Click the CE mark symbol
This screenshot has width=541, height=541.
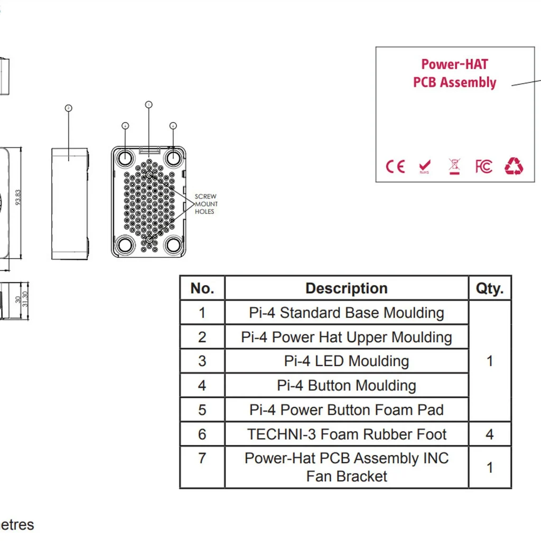click(395, 167)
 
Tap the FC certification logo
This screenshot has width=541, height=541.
click(483, 167)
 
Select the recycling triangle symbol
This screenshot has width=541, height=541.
click(514, 166)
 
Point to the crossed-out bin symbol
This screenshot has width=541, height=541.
click(454, 166)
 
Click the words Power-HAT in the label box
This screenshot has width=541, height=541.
click(454, 64)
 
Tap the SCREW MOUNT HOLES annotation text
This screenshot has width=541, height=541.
click(205, 204)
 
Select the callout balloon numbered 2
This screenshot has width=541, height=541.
click(68, 108)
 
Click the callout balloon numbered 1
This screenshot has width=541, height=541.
click(148, 105)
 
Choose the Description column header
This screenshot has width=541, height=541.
click(347, 288)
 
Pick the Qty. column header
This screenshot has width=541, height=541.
click(490, 288)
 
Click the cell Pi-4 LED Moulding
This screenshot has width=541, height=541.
click(347, 361)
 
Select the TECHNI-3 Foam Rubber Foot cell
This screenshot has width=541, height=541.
click(347, 434)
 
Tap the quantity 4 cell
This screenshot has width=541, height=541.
click(490, 434)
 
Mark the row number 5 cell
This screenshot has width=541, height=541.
click(202, 410)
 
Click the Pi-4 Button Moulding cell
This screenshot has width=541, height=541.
click(347, 386)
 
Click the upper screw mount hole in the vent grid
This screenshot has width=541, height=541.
click(150, 175)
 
